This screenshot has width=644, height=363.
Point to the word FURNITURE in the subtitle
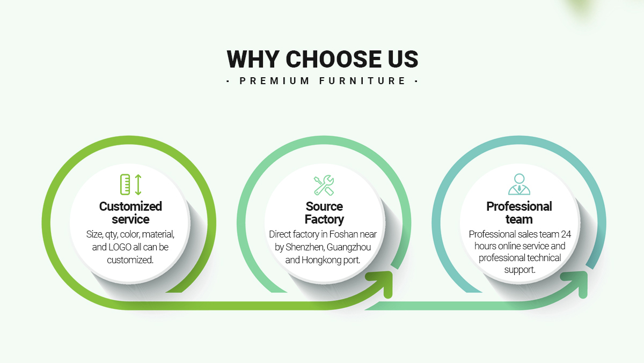tap(362, 81)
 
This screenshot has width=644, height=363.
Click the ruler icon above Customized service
tap(125, 184)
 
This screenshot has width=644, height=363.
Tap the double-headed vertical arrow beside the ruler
tap(138, 184)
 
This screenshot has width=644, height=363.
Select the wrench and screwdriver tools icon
tap(324, 185)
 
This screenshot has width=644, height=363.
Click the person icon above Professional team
tap(519, 184)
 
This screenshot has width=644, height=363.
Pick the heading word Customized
tap(130, 206)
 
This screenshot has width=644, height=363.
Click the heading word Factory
tap(324, 220)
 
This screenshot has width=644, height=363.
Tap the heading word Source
tap(324, 206)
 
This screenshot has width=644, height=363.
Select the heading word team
tap(519, 220)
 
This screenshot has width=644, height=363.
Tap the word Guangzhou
tap(349, 247)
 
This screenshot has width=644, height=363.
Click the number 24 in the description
tap(566, 234)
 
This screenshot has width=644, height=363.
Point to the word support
tap(520, 270)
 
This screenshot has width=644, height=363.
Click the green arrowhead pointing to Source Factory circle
tap(382, 283)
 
